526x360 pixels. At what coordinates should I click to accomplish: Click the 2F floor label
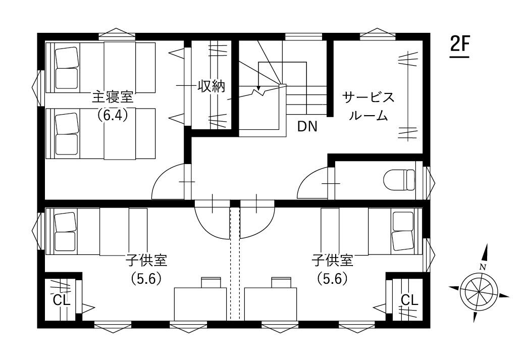pyautogui.click(x=459, y=44)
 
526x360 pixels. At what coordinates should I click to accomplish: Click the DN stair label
pyautogui.click(x=307, y=127)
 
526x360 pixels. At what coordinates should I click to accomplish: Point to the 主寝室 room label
pyautogui.click(x=113, y=97)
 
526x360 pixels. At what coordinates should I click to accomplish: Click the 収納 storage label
pyautogui.click(x=211, y=86)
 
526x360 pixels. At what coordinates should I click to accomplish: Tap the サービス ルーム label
pyautogui.click(x=369, y=107)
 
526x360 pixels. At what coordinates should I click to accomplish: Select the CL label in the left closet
pyautogui.click(x=62, y=299)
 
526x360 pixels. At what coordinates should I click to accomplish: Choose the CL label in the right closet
pyautogui.click(x=409, y=299)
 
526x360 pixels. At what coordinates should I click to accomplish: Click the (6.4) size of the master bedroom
pyautogui.click(x=113, y=115)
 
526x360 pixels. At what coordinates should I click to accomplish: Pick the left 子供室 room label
pyautogui.click(x=146, y=260)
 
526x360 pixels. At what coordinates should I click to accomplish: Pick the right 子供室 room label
pyautogui.click(x=333, y=260)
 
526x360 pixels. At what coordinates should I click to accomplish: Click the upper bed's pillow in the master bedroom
pyautogui.click(x=67, y=58)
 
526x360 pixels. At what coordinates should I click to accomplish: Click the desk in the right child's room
pyautogui.click(x=271, y=303)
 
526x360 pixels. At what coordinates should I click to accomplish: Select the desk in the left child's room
pyautogui.click(x=200, y=303)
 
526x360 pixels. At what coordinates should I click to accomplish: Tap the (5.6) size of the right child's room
pyautogui.click(x=333, y=278)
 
